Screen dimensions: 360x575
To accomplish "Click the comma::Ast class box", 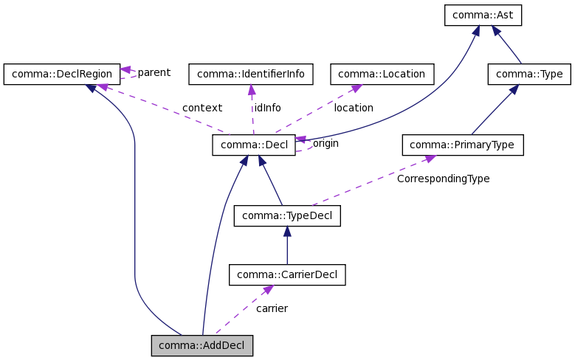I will pyautogui.click(x=483, y=15).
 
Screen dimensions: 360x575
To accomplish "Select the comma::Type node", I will pyautogui.click(x=530, y=74).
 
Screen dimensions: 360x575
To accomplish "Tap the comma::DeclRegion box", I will pyautogui.click(x=61, y=74).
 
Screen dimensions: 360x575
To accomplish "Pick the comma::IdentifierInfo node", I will pyautogui.click(x=251, y=74).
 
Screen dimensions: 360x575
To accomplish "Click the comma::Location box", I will pyautogui.click(x=382, y=74).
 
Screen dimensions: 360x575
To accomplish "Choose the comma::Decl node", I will pyautogui.click(x=253, y=145).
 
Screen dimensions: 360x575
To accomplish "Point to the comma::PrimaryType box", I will pyautogui.click(x=462, y=145).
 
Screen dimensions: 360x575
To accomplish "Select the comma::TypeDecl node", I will pyautogui.click(x=287, y=215).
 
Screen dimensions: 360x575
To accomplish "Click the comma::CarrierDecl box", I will pyautogui.click(x=287, y=275).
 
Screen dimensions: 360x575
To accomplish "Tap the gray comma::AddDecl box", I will pyautogui.click(x=202, y=345).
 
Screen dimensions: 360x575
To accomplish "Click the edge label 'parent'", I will pyautogui.click(x=154, y=72).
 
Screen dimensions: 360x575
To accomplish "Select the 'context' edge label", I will pyautogui.click(x=202, y=108).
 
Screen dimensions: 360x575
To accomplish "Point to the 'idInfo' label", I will pyautogui.click(x=268, y=108).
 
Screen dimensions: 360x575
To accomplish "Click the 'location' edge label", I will pyautogui.click(x=354, y=108).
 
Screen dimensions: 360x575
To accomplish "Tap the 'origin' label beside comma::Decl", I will pyautogui.click(x=326, y=143).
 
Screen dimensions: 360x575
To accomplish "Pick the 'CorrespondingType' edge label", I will pyautogui.click(x=443, y=179).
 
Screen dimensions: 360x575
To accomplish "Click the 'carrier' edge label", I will pyautogui.click(x=272, y=308).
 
